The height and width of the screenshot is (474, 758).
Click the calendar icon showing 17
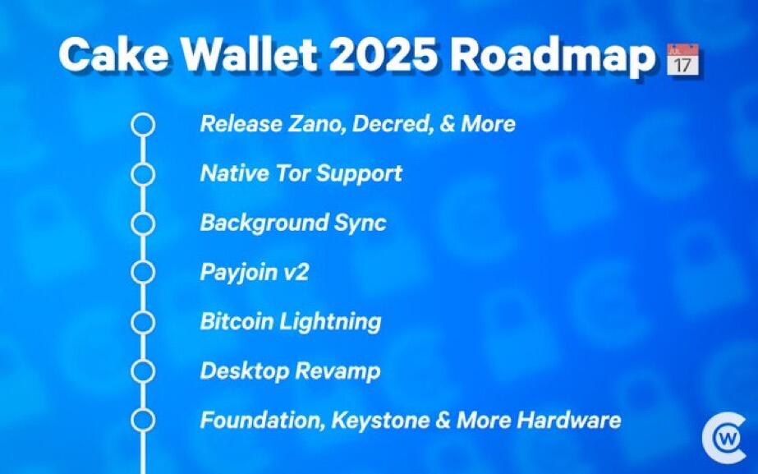click(682, 59)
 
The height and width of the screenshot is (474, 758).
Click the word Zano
click(317, 124)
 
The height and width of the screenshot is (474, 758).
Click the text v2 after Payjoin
click(296, 273)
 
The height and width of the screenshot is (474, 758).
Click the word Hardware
click(569, 420)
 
